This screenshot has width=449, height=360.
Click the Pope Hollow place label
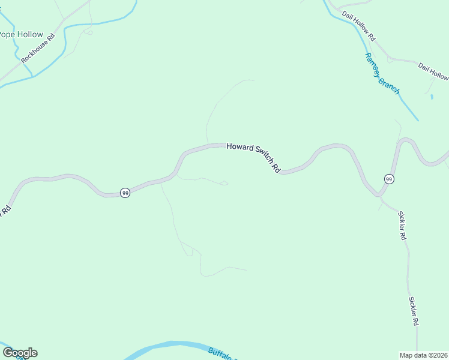(x=22, y=34)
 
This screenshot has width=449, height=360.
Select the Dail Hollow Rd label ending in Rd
(x=358, y=25)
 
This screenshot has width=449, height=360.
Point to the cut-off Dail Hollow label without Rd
(x=433, y=71)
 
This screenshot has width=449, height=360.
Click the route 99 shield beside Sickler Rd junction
(x=389, y=179)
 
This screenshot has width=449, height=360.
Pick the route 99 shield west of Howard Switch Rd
(x=125, y=193)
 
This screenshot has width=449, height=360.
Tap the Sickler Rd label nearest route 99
(x=402, y=226)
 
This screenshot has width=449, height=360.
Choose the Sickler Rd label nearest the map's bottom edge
(x=414, y=311)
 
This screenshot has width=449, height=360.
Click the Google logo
(x=20, y=353)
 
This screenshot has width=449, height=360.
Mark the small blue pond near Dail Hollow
(x=432, y=97)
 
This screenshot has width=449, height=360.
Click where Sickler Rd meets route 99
(x=379, y=196)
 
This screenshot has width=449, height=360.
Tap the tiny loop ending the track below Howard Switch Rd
(x=224, y=183)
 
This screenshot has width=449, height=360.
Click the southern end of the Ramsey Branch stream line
(x=418, y=120)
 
